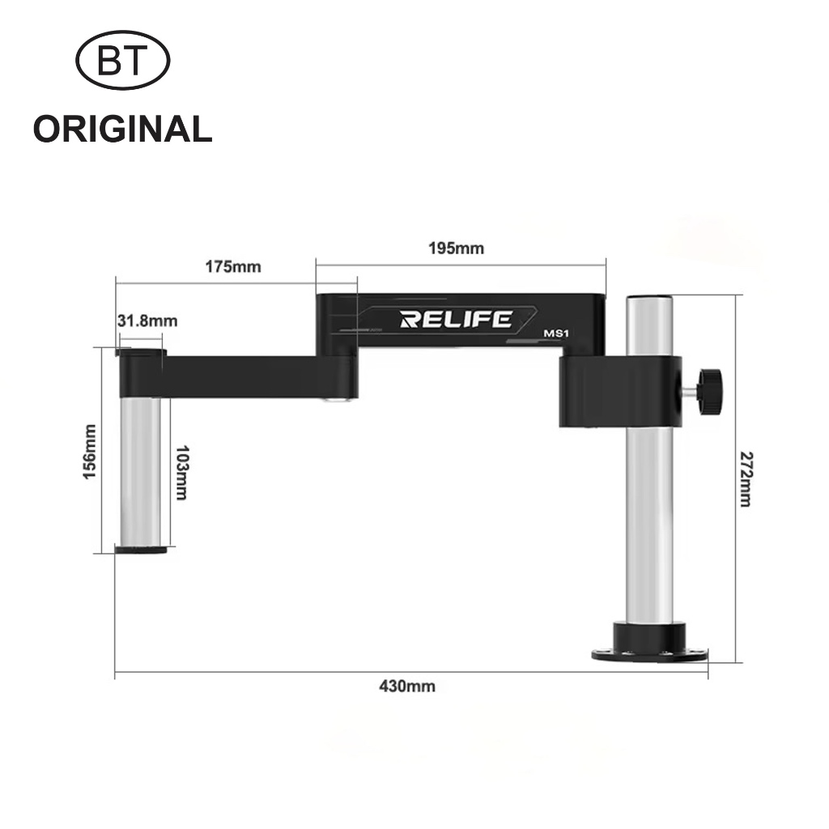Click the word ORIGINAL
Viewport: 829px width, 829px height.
click(122, 130)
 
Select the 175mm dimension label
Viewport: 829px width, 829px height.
click(235, 266)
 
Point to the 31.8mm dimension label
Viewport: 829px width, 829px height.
click(147, 321)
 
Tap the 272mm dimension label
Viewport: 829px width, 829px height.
click(744, 479)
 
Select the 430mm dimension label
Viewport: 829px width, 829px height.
click(406, 687)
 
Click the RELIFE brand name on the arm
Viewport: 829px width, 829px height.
click(456, 319)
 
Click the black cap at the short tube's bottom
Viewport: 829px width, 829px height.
click(141, 550)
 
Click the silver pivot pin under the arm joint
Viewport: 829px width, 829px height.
click(333, 399)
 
